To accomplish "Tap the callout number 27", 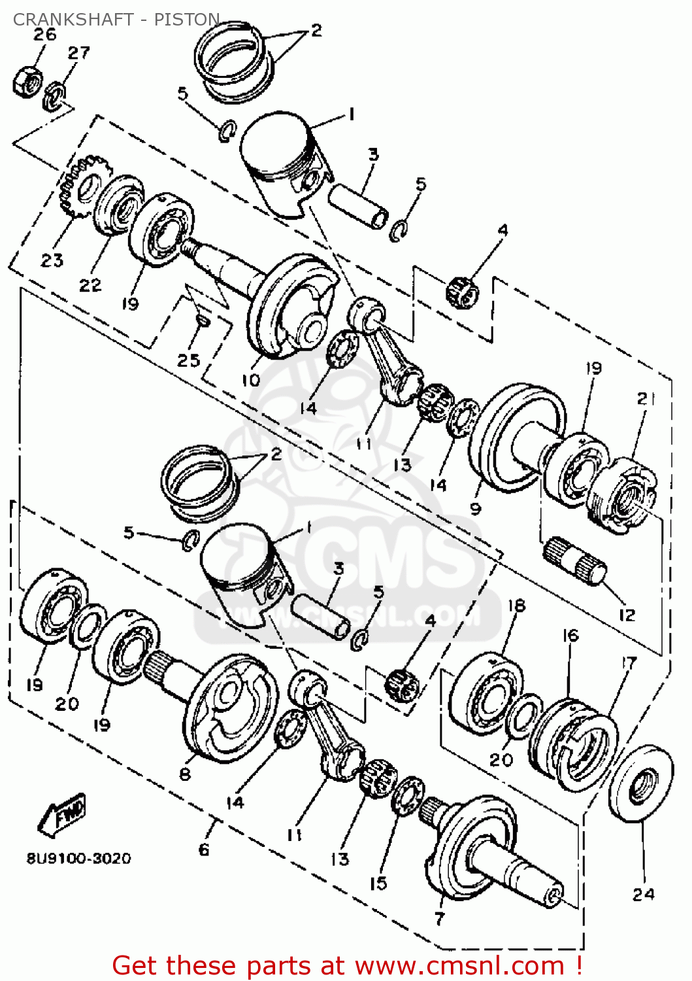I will tap(78, 53).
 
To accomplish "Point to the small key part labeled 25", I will tap(203, 320).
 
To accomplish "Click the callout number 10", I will tap(251, 380).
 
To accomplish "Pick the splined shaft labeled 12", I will tap(575, 562).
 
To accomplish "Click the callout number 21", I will tap(645, 398).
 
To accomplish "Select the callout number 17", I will tap(628, 663).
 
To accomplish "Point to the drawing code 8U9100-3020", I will tap(78, 858).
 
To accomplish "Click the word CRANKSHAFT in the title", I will tap(73, 20).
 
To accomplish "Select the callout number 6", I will tap(204, 849).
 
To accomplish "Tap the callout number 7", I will tap(439, 918).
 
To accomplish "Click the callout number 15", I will tap(378, 884).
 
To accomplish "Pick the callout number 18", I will tap(516, 606).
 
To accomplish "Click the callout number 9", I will tap(476, 508).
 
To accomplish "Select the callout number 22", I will tap(90, 285).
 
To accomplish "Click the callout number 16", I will tap(570, 635).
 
